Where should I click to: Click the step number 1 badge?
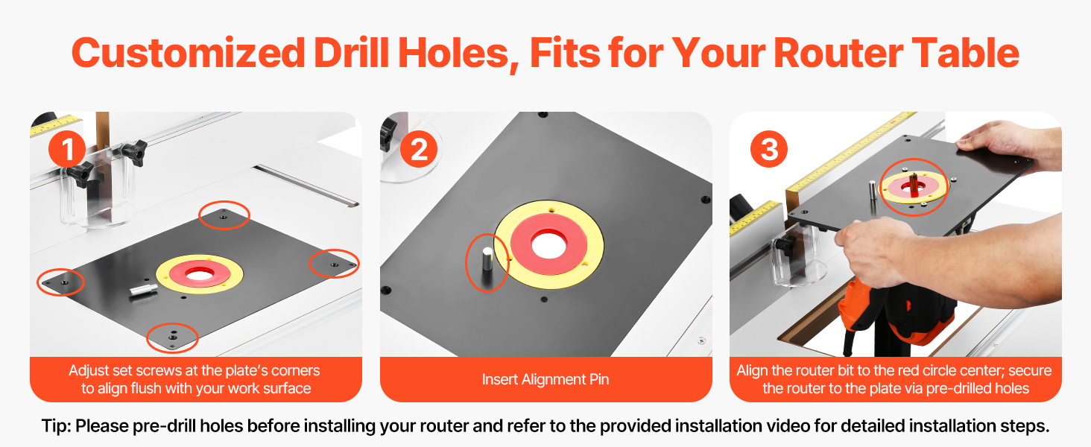click(x=67, y=149)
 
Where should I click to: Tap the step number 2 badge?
click(x=419, y=149)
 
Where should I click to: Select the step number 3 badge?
click(x=769, y=149)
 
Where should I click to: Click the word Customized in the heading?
click(x=189, y=53)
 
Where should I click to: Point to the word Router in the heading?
click(x=838, y=53)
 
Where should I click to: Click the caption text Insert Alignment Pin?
click(x=545, y=379)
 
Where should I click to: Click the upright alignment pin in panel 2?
click(x=487, y=262)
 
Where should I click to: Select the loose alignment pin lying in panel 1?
click(x=144, y=291)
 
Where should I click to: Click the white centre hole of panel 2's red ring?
click(x=549, y=245)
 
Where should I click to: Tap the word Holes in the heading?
click(x=454, y=53)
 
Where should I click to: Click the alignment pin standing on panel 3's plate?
click(x=873, y=192)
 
